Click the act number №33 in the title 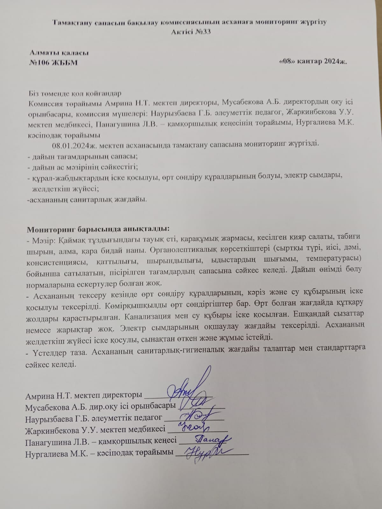[202, 32]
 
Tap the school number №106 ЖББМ [53, 63]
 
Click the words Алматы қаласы [59, 53]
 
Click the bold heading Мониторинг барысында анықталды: [98, 229]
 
